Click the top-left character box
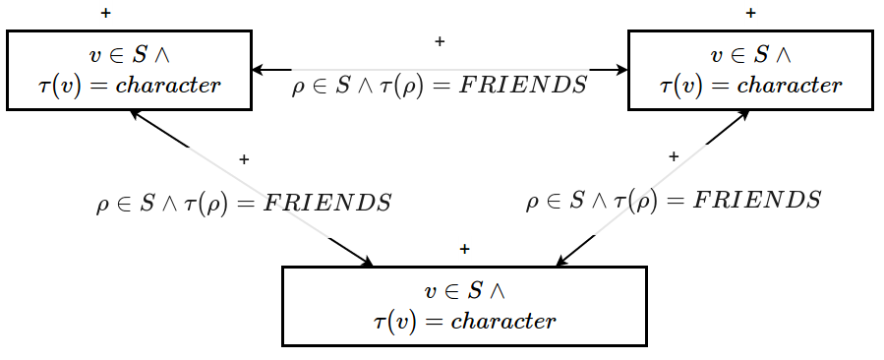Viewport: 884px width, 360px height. pos(129,70)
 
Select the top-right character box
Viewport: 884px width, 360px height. pos(750,70)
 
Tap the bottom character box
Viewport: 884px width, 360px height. pos(464,306)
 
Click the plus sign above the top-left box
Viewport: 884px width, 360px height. pos(105,14)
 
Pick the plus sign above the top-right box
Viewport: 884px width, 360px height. pos(751,14)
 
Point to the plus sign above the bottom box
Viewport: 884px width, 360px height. pos(464,249)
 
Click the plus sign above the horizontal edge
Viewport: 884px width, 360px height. pos(440,41)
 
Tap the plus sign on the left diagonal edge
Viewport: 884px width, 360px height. pos(244,158)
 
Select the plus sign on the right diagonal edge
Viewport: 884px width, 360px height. pos(674,156)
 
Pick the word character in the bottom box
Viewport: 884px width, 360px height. pos(503,322)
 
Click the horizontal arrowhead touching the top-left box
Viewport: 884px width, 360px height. pos(258,70)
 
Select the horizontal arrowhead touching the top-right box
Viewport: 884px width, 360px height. pos(622,70)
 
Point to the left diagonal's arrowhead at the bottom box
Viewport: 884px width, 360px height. pos(367,262)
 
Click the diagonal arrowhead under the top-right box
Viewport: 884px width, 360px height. pos(743,114)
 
